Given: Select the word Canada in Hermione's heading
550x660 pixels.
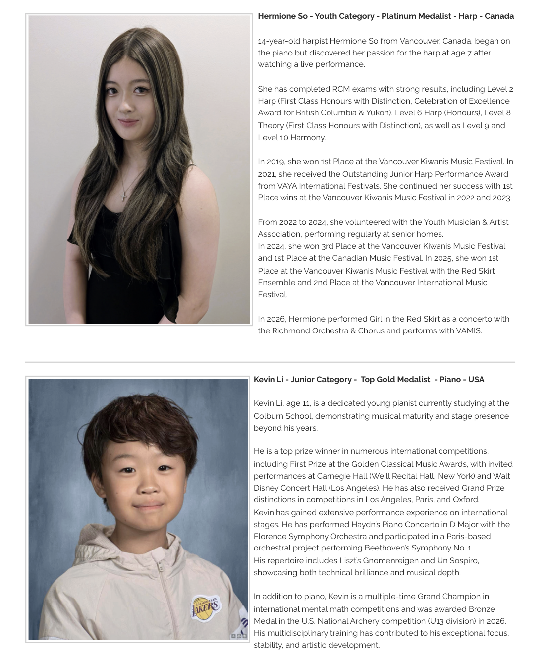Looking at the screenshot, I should pos(499,16).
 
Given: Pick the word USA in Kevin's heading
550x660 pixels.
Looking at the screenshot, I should pos(476,380).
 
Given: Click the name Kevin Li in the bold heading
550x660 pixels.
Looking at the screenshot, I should pos(269,380).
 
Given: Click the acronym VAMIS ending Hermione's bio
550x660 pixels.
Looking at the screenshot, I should pos(468,331).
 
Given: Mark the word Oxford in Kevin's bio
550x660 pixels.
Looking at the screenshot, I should pos(465,500).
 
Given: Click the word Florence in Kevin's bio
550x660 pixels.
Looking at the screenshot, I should pos(270,537).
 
